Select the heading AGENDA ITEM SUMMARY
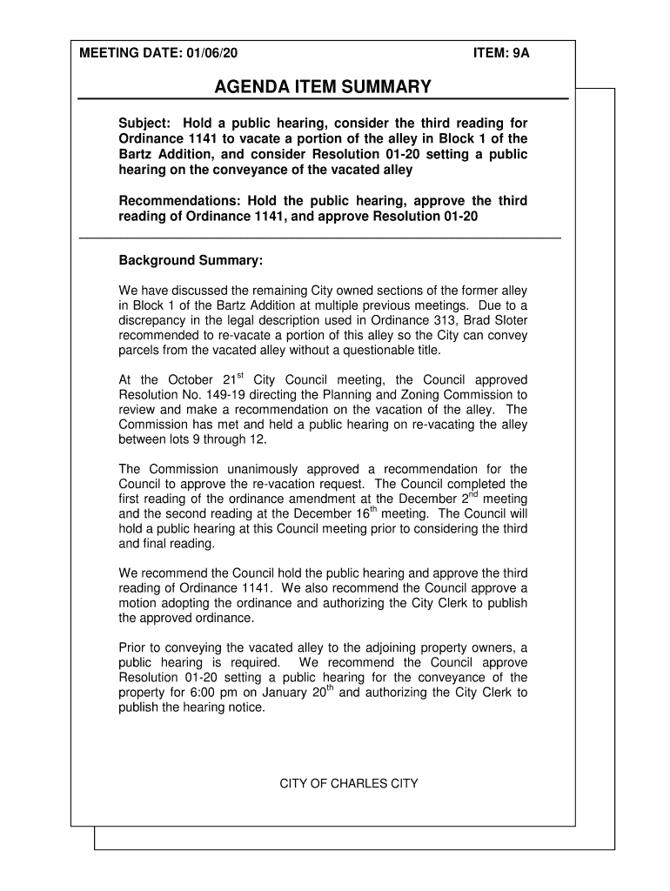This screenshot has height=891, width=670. pos(323,87)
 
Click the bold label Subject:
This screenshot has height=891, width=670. pos(145,124)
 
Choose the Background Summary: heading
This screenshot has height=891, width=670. pos(190,261)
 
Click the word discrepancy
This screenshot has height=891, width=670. pos(154,319)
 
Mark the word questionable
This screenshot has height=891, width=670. pos(375,351)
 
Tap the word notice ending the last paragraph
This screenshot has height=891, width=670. pos(245,707)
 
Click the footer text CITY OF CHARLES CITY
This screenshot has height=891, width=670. pos(348,784)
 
